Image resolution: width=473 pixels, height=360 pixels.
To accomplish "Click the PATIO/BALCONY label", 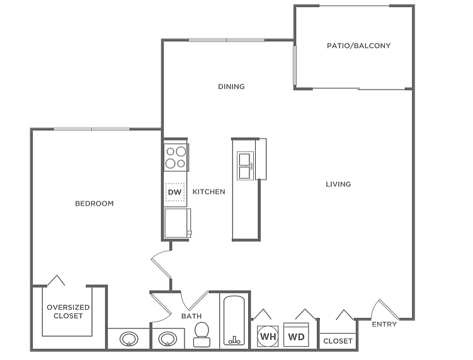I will [358, 46].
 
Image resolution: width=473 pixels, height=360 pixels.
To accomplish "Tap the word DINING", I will [231, 87].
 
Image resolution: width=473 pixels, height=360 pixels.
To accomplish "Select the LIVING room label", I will [338, 184].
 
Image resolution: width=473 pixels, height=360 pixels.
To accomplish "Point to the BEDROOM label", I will [94, 204].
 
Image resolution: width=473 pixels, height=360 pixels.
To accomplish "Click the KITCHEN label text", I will [208, 192].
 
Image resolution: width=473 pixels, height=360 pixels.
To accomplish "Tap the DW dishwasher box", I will [175, 192].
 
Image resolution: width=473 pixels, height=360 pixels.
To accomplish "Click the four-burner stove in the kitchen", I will [176, 157].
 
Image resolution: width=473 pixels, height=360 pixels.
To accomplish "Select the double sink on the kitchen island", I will [244, 165].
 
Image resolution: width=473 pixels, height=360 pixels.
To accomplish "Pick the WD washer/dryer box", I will [296, 336].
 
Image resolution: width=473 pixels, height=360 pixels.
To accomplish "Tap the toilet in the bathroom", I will [202, 335].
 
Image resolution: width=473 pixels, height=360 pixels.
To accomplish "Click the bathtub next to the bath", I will [234, 321].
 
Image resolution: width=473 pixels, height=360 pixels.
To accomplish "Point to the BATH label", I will [191, 317].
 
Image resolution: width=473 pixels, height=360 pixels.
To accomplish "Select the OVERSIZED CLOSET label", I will [68, 312].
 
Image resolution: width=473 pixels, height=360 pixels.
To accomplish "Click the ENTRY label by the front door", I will [384, 325].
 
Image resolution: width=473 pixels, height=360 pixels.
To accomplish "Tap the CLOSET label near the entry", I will [338, 341].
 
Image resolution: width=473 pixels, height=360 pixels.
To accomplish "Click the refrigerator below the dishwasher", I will [176, 223].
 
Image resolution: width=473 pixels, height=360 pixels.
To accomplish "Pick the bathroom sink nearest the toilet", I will [168, 339].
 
